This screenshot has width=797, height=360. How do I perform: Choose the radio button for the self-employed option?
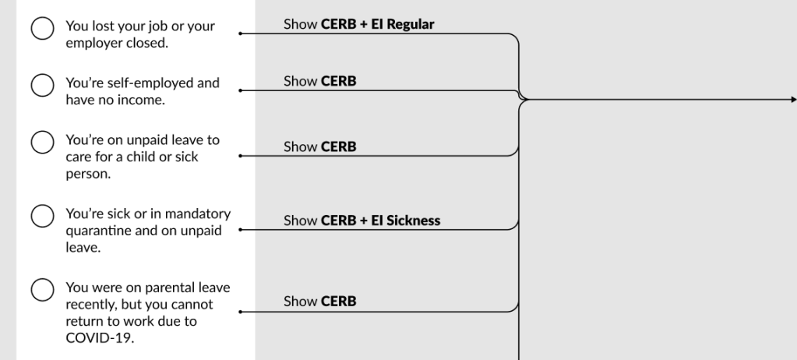41,84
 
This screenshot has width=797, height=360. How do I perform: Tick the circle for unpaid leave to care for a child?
41,143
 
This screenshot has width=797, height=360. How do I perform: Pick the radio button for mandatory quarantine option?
41,215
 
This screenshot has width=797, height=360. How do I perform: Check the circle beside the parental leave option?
41,289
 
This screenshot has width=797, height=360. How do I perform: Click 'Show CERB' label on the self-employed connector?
319,81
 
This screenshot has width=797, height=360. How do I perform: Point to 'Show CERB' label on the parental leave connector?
319,301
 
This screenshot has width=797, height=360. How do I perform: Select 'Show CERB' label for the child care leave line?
319,146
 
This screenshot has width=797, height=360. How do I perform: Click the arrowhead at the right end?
792,100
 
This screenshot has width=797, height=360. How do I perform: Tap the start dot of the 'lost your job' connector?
240,34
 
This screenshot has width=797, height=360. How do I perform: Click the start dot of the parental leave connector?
240,312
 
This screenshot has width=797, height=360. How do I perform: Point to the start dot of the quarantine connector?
240,230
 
